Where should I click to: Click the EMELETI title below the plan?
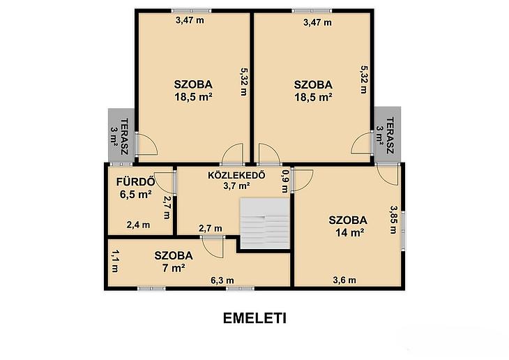click(254, 318)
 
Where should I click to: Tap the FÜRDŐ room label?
click(135, 181)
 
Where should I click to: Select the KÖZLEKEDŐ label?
click(236, 175)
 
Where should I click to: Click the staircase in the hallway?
click(264, 223)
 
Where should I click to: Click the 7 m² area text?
click(174, 268)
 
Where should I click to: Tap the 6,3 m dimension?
click(222, 280)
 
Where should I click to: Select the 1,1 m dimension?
click(114, 261)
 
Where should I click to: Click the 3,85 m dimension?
click(393, 219)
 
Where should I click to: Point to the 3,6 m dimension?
click(344, 280)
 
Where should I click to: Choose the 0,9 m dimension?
click(284, 181)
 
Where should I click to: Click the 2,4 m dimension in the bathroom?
click(138, 225)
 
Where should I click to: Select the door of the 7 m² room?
click(213, 247)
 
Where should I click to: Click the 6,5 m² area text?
click(136, 195)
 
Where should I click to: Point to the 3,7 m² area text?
click(236, 186)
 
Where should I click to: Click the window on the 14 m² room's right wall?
click(403, 231)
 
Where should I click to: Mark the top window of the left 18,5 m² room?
click(191, 10)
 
